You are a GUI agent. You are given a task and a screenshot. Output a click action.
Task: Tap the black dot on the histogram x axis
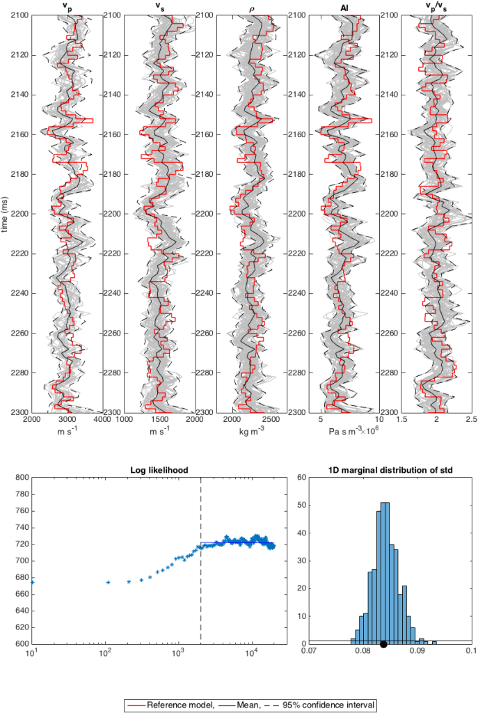point(383,644)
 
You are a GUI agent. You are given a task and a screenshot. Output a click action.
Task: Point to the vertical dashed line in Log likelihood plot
point(201,557)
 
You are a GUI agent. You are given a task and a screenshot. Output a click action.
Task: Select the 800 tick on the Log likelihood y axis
point(21,478)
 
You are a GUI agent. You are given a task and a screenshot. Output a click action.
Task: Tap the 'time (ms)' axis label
point(6,213)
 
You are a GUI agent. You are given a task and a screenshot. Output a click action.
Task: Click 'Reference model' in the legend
point(173,705)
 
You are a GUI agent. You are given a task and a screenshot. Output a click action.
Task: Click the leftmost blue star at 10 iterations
point(32,581)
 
